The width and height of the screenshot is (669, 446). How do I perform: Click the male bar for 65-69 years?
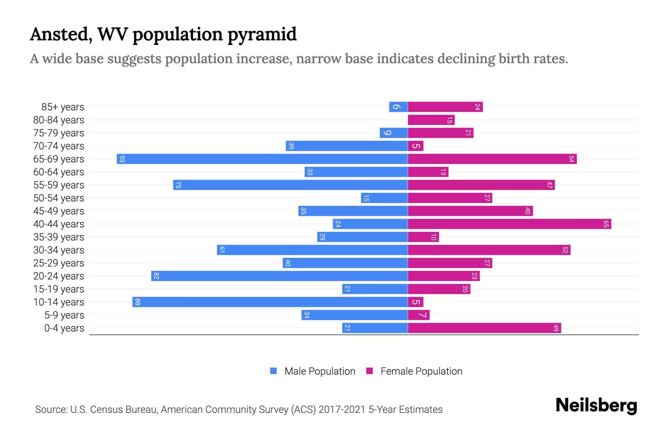pyautogui.click(x=262, y=159)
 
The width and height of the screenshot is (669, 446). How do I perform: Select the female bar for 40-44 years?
pyautogui.click(x=509, y=224)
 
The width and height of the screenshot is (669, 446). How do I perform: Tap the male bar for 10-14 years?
pyautogui.click(x=270, y=302)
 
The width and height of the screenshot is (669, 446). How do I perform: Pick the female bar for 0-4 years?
pyautogui.click(x=484, y=328)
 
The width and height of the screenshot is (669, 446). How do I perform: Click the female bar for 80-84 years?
pyautogui.click(x=431, y=120)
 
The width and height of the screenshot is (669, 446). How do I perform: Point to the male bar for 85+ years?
pyautogui.click(x=398, y=107)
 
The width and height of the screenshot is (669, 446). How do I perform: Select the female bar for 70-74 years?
pyautogui.click(x=416, y=146)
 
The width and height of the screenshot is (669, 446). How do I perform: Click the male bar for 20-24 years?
pyautogui.click(x=279, y=276)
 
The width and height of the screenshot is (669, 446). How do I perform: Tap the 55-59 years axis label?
pyautogui.click(x=59, y=185)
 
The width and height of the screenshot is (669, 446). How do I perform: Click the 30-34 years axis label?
pyautogui.click(x=59, y=250)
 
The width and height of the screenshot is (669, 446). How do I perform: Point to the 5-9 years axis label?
pyautogui.click(x=64, y=315)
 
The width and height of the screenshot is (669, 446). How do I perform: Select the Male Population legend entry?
pyautogui.click(x=312, y=371)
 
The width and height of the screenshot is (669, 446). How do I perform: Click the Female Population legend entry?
pyautogui.click(x=414, y=371)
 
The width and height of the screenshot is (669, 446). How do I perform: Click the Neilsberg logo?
pyautogui.click(x=596, y=405)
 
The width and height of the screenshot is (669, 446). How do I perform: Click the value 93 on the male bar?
pyautogui.click(x=122, y=159)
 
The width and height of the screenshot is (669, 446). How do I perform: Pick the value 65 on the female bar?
pyautogui.click(x=606, y=224)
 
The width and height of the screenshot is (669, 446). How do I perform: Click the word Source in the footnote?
pyautogui.click(x=51, y=410)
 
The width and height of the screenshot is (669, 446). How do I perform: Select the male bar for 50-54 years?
pyautogui.click(x=384, y=198)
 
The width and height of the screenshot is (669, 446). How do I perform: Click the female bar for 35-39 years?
pyautogui.click(x=423, y=237)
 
